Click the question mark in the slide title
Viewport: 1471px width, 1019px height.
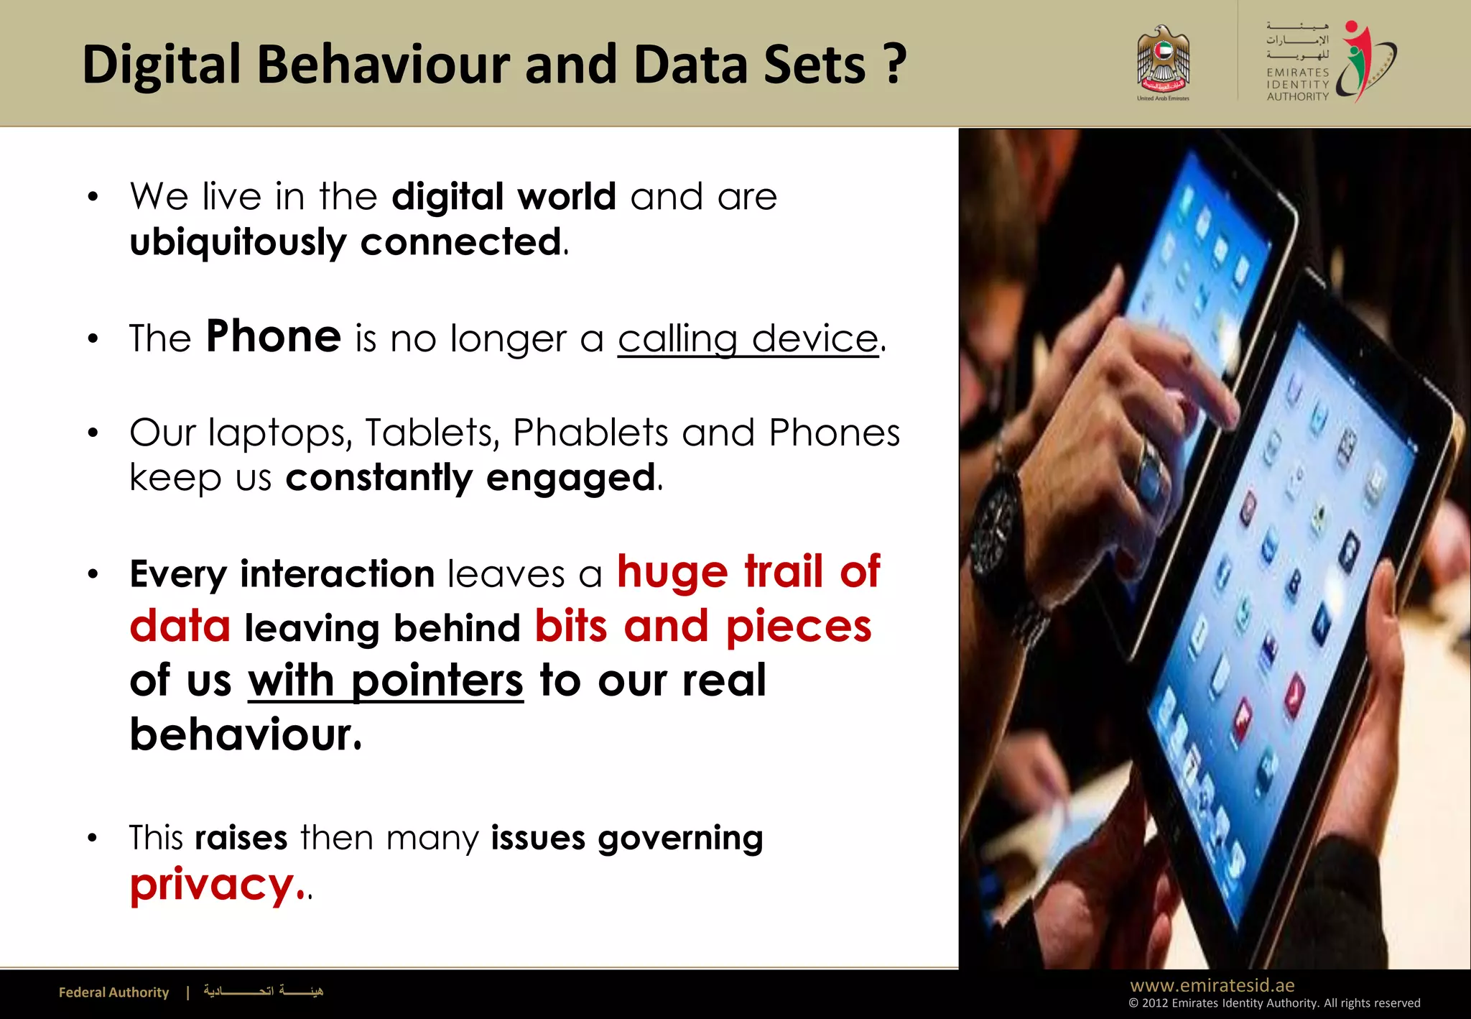[895, 65]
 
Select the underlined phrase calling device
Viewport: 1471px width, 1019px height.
[748, 338]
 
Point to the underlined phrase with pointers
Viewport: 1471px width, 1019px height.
[386, 681]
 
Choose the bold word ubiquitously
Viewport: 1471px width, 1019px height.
[238, 242]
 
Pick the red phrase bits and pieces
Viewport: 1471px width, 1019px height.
[703, 626]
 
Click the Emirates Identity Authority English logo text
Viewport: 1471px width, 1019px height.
[1297, 84]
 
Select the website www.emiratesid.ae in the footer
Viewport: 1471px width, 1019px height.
[1212, 985]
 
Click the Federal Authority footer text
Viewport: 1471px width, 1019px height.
[113, 992]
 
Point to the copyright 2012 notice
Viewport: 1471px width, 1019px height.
[1274, 1003]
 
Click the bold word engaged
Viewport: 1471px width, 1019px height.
[571, 478]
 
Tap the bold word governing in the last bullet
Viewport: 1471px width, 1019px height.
[680, 839]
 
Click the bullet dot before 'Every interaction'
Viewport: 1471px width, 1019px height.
[93, 574]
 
